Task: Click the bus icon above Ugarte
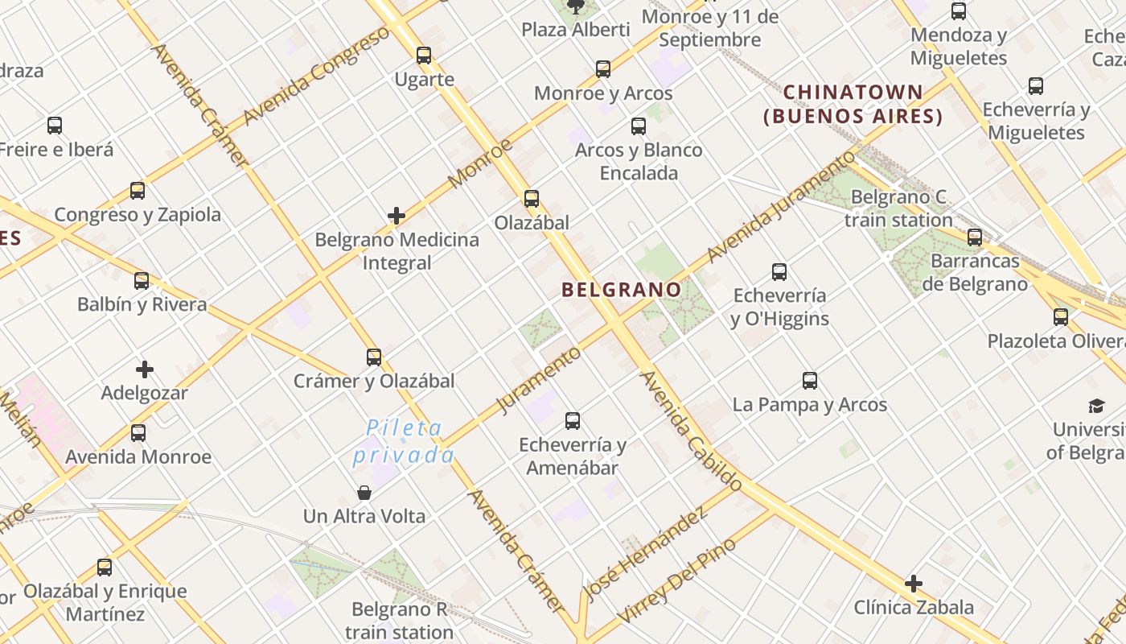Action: pos(424,56)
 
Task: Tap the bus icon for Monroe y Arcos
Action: pos(603,69)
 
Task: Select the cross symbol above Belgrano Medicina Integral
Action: pos(397,216)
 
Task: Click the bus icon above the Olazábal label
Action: pos(532,199)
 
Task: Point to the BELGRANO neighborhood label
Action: pos(622,289)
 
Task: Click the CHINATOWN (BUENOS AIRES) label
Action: pos(853,105)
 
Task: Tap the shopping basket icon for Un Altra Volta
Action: pos(364,492)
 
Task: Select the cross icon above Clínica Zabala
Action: pos(914,584)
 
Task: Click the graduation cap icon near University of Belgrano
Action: pos(1097,406)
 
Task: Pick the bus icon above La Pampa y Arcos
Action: pos(810,381)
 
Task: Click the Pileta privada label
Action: pos(404,441)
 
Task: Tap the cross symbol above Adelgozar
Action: pos(145,369)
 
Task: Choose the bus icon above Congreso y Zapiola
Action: pos(138,191)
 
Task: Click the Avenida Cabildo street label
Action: pos(691,431)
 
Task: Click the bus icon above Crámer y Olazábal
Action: pos(374,357)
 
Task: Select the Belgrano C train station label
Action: pos(898,208)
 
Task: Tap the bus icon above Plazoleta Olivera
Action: pos(1061,317)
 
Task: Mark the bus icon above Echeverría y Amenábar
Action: pos(573,421)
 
